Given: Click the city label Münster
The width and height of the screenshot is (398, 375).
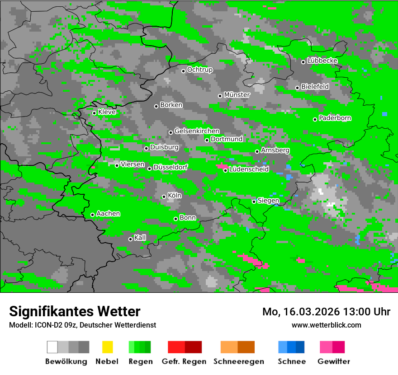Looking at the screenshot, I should tap(237, 95).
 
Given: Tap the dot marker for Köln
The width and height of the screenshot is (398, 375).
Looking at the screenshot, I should tap(164, 197).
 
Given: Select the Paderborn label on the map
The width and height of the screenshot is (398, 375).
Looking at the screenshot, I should tap(335, 118).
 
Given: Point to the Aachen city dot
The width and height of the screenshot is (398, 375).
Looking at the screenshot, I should tap(92, 215).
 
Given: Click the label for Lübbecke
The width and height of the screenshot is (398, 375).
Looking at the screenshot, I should tap(322, 61).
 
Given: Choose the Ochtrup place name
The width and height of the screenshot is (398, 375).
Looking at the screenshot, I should tap(200, 70).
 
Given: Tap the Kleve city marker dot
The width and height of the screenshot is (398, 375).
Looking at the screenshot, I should tap(94, 113).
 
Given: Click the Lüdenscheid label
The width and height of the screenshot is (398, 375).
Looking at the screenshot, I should tap(249, 169).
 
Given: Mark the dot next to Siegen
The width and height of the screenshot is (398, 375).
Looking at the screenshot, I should tap(254, 202).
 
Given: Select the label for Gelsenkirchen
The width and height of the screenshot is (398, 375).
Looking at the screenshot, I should tap(197, 131).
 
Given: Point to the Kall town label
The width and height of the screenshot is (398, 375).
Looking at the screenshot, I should tap(140, 238).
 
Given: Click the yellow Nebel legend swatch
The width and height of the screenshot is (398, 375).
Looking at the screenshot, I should tap(107, 347).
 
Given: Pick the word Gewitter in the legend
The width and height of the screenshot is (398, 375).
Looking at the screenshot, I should tap(334, 361).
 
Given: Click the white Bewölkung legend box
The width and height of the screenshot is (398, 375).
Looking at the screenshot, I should tap(52, 347).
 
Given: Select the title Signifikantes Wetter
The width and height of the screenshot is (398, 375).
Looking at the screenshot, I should tap(75, 311).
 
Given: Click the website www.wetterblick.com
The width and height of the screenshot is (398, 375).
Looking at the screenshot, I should tap(326, 325).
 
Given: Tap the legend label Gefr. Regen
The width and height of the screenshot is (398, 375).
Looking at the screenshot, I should tap(184, 361).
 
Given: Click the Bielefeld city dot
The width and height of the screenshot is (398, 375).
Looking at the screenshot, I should tap(297, 88).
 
